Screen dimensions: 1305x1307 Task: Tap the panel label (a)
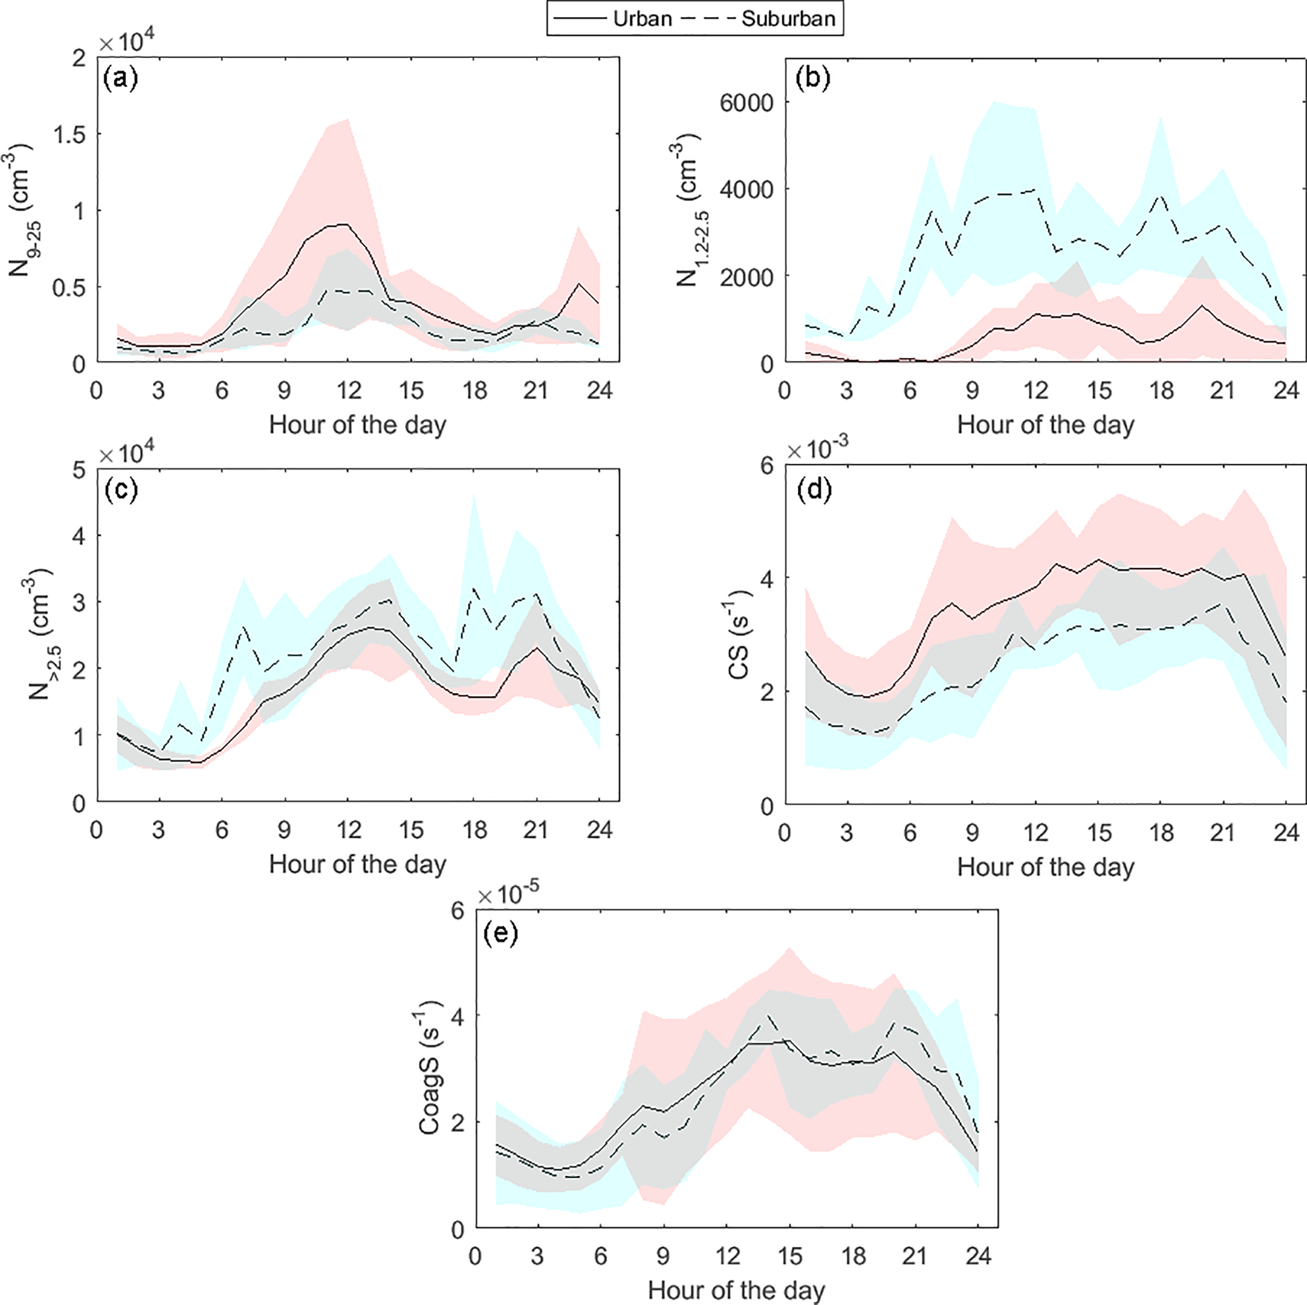(x=120, y=79)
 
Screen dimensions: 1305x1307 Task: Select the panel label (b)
(x=813, y=79)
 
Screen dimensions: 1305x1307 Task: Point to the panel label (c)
(x=120, y=489)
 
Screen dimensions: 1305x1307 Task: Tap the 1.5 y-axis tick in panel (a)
(x=70, y=134)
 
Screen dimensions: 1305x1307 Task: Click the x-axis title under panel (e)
(x=736, y=1290)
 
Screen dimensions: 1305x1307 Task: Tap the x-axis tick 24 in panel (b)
(x=1286, y=390)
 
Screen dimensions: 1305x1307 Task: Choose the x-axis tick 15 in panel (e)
(x=790, y=1256)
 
